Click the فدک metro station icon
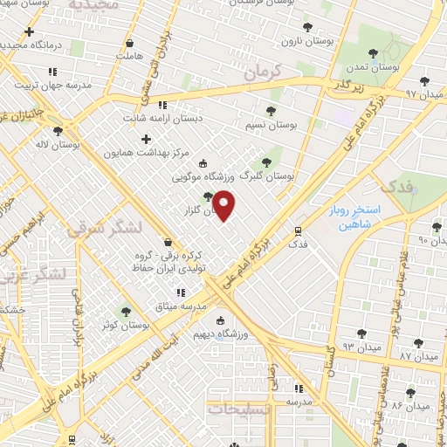(299, 231)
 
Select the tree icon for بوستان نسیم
(270, 111)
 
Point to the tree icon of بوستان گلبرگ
(268, 162)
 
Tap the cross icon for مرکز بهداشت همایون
(146, 139)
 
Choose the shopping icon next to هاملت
(130, 43)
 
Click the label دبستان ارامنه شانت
(193, 115)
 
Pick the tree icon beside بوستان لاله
(58, 131)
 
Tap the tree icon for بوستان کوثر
(126, 311)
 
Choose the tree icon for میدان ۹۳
(361, 334)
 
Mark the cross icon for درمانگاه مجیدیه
(29, 32)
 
